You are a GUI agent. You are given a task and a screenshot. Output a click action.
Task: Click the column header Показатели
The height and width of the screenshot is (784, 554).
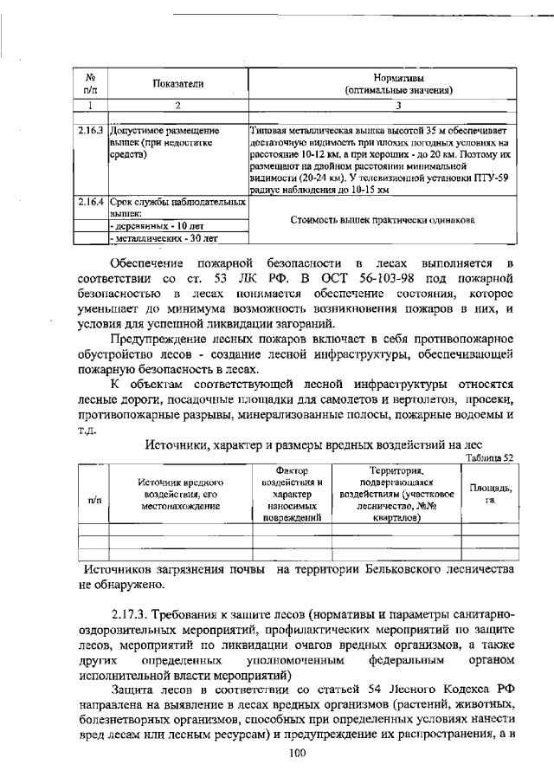[177, 83]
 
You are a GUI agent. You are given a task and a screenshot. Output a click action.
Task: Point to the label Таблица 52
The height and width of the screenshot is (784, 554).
[489, 457]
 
